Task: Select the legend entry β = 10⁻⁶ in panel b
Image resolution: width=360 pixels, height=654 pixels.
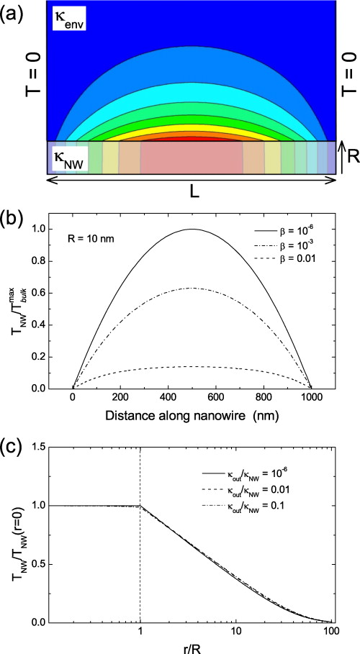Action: coord(292,230)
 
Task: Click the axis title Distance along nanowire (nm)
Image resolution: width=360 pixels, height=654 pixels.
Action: coord(192,414)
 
